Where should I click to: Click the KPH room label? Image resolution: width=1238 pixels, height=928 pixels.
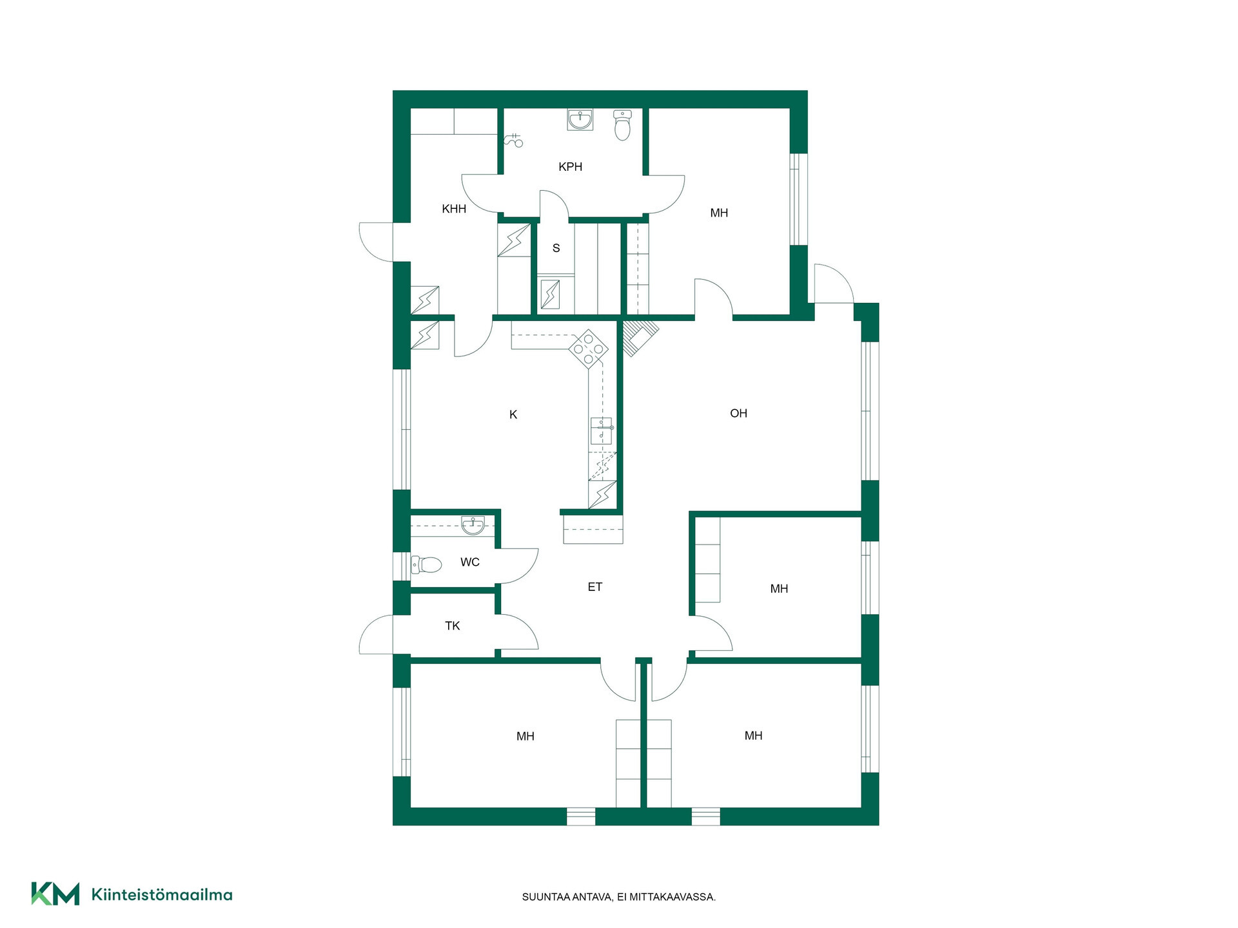(570, 167)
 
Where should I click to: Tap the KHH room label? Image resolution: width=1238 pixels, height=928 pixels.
(454, 209)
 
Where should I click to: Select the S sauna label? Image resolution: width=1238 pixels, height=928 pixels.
(556, 248)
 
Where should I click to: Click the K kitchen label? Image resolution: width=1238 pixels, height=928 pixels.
(513, 414)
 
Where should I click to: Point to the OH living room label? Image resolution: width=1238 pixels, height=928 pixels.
(738, 413)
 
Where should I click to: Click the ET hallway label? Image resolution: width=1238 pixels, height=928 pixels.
(594, 586)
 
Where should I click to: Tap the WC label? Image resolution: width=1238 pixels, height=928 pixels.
(470, 562)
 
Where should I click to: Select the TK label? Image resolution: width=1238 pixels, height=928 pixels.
(453, 626)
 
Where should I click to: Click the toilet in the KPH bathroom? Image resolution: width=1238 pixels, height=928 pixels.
(622, 125)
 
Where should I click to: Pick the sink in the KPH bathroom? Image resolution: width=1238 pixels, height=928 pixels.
(580, 119)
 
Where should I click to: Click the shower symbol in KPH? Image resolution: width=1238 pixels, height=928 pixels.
(513, 140)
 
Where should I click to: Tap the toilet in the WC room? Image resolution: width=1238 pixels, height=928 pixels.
(426, 565)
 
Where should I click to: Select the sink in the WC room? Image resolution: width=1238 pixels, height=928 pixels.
(473, 525)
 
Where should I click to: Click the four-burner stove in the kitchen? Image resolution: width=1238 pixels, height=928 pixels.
(588, 349)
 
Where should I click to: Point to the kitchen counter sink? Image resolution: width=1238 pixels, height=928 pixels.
(602, 430)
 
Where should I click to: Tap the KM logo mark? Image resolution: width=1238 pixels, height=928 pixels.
(55, 894)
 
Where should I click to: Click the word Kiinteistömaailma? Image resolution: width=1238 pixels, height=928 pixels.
(162, 894)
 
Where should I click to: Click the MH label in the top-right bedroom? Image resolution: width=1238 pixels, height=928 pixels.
(719, 213)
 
